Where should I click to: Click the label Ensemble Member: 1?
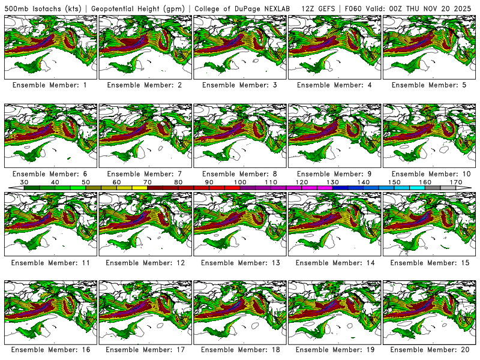pos(50,85)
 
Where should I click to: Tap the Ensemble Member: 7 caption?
pos(145,173)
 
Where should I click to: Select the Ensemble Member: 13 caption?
pos(239,262)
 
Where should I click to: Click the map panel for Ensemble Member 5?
pos(430,47)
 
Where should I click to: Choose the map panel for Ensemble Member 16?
pos(50,313)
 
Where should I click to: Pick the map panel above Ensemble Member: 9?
pos(335,135)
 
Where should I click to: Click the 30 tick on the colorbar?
pos(25,181)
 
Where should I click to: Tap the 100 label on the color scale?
pos(240,181)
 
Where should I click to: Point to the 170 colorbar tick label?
pos(456,181)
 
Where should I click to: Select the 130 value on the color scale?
pos(332,181)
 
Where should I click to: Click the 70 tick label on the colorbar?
pos(148,181)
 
